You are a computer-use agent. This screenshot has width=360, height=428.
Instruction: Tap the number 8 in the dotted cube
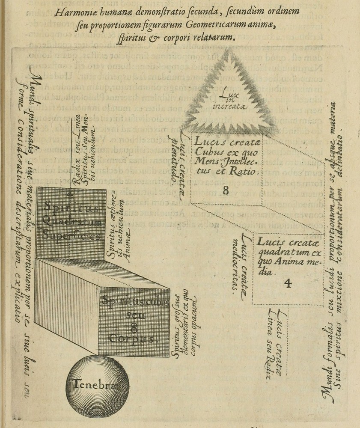pos(226,191)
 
